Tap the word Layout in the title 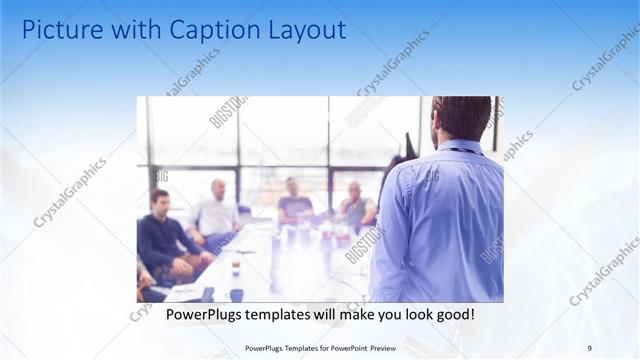point(301,30)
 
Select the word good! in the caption point(453,314)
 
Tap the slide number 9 point(590,348)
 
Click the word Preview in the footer point(376,348)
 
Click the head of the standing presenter point(462,118)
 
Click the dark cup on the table point(236,295)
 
